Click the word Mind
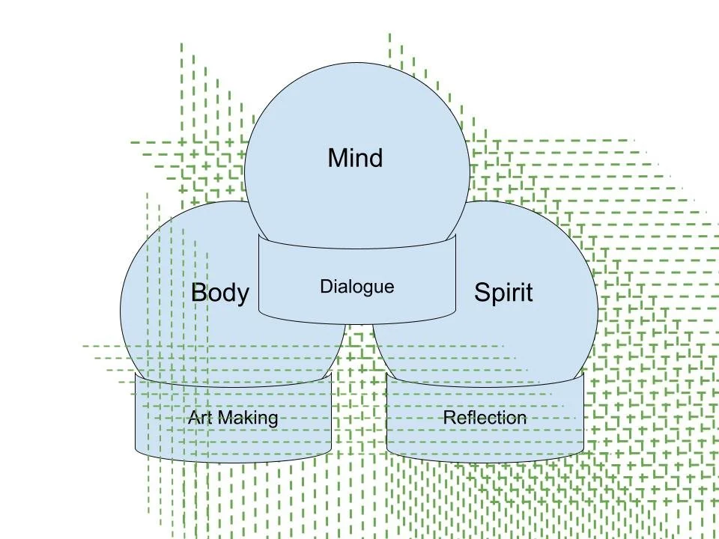(x=355, y=158)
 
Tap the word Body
(x=219, y=292)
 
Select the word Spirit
(x=503, y=292)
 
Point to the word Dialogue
(x=357, y=286)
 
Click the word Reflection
(x=485, y=417)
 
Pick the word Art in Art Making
(x=199, y=417)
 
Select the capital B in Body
(x=199, y=292)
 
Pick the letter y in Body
(x=242, y=294)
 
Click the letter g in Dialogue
(x=371, y=288)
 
